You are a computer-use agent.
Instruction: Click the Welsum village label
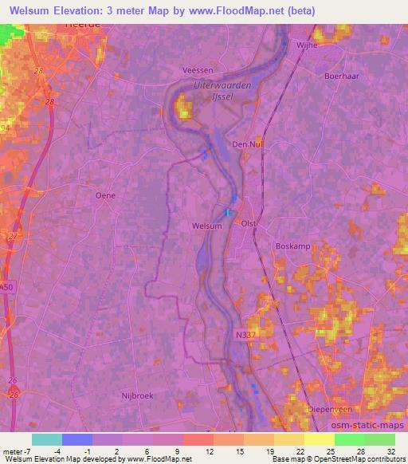[207, 226]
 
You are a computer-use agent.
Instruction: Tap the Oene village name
[105, 195]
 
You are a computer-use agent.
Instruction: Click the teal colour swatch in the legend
[46, 438]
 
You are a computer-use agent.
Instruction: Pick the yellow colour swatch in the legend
[319, 438]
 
